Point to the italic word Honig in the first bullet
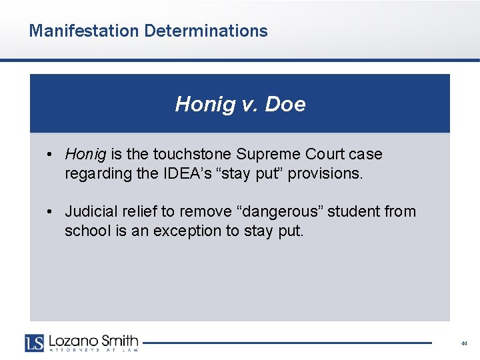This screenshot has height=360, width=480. (85, 155)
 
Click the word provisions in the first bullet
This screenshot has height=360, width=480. (330, 174)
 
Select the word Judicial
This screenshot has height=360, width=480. (89, 212)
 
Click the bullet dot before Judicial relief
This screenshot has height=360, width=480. (51, 212)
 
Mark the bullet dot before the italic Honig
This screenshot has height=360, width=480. (51, 155)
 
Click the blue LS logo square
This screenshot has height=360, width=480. (34, 342)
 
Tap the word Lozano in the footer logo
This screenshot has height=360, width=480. (70, 340)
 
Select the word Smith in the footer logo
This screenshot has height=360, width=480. (119, 340)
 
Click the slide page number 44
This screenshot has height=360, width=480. (463, 343)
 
